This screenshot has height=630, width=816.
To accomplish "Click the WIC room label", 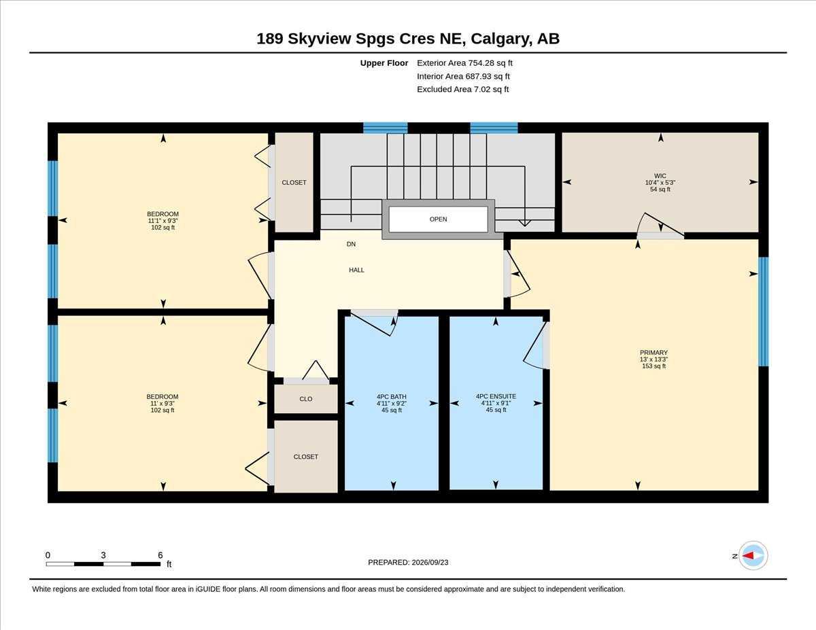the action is pos(660,176).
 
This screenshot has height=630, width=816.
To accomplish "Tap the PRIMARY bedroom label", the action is pos(653,353).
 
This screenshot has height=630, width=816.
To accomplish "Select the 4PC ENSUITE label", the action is pos(496,396).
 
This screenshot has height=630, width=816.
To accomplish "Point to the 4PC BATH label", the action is pos(392,397).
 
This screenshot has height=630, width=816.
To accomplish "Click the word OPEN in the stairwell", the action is pos(438,219).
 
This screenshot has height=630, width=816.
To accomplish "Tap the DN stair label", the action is pos(351,244).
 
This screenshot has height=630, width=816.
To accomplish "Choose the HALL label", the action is pos(356,270).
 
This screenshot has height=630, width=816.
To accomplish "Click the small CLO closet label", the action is pos(306,399).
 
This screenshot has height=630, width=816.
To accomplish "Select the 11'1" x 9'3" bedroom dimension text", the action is pos(163,221).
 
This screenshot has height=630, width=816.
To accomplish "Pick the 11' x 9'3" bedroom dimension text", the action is pos(163,404).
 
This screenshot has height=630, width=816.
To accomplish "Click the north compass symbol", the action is pos(753,555).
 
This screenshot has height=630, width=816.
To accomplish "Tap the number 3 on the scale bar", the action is pos(103,555).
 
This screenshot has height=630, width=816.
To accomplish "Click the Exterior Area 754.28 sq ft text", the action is pos(464,63).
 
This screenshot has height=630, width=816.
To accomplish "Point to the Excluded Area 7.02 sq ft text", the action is pos(462,89).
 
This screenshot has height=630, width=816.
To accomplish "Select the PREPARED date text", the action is pos(408,562).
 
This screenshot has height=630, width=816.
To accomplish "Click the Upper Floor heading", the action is pos(384,63).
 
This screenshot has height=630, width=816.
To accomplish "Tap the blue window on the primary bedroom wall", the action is pos(764,311).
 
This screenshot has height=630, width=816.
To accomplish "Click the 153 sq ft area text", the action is pos(653,366).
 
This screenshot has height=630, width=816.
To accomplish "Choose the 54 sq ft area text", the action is pos(660,190).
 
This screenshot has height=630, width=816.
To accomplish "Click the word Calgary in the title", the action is pos(501,39).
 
